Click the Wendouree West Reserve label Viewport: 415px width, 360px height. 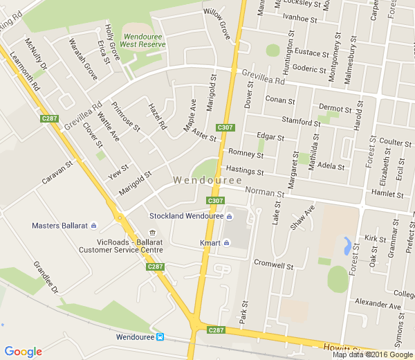pyautogui.click(x=143, y=39)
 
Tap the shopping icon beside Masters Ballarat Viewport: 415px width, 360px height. pyautogui.click(x=94, y=226)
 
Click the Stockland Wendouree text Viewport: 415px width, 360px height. pyautogui.click(x=186, y=216)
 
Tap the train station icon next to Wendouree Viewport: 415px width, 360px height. pyautogui.click(x=160, y=337)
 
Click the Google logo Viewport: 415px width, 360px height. pyautogui.click(x=23, y=351)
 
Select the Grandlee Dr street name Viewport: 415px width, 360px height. pyautogui.click(x=46, y=276)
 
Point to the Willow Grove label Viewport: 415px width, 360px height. pyautogui.click(x=216, y=23)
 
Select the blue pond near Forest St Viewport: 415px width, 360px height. pyautogui.click(x=346, y=245)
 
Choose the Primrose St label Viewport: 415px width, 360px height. pyautogui.click(x=127, y=119)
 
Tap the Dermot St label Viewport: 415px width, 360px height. pyautogui.click(x=335, y=107)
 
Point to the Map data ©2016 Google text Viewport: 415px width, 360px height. pyautogui.click(x=372, y=354)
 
